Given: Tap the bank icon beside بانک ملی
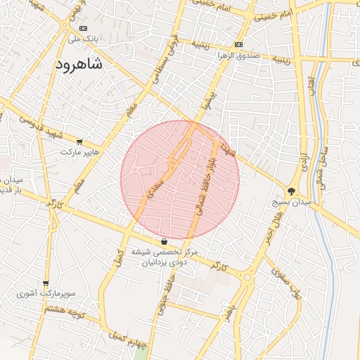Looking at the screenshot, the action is [84, 28].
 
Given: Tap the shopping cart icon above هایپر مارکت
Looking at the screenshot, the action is [79, 142].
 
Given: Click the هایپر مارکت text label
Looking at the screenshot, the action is [80, 152].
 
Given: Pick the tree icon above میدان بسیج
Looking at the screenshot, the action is [292, 191].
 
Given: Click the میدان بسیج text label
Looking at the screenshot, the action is [291, 202].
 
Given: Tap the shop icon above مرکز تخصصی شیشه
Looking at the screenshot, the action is [164, 241].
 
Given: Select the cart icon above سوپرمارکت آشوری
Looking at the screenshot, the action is [46, 283].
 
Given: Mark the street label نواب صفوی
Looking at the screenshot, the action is [286, 285].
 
